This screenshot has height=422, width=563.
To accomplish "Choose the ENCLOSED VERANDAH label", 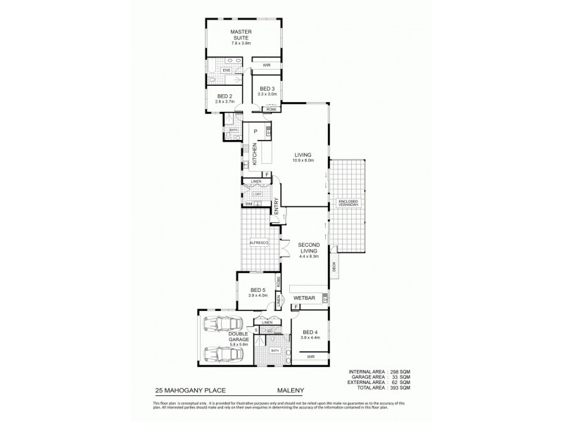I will [348, 204].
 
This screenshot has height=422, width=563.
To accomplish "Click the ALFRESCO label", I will [259, 243].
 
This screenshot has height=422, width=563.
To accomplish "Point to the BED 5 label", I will [258, 293].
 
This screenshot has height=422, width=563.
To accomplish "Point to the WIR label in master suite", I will [266, 65].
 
